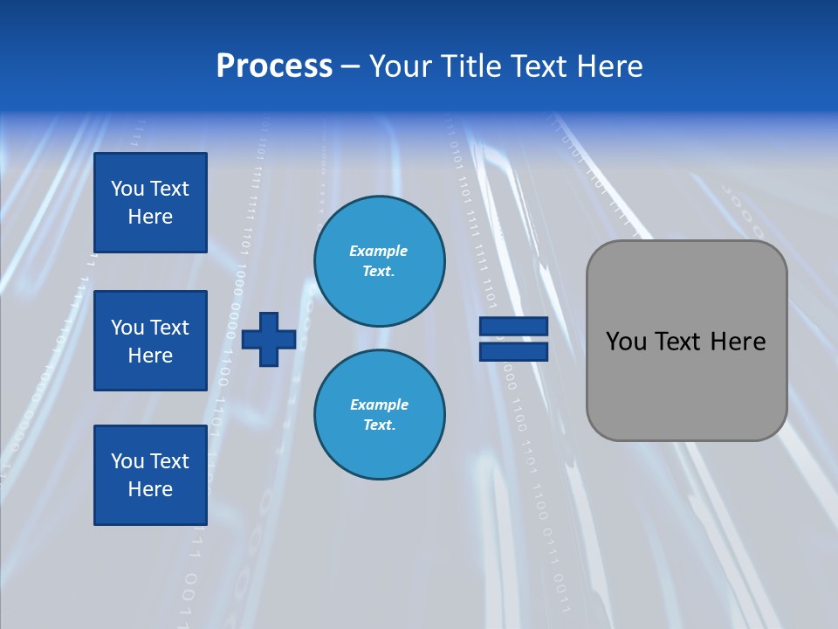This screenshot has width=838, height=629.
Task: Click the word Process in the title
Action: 274,66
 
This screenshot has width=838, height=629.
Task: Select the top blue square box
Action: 150,203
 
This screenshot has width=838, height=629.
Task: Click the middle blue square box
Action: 150,341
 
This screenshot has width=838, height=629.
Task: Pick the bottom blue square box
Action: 150,475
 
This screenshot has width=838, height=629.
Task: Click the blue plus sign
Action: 269,339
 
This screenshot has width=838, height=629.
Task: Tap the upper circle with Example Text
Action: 379,261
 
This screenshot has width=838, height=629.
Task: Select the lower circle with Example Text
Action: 379,415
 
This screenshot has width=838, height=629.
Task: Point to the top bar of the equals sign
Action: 513,326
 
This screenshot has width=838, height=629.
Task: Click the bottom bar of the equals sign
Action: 513,351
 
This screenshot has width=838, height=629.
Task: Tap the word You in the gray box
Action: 626,342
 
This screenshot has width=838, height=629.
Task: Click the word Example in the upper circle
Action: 379,251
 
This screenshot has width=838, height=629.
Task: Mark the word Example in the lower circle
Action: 379,404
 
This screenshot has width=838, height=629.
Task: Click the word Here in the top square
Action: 150,217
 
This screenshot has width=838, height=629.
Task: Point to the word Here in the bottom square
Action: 150,489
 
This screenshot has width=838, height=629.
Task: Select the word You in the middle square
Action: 127,328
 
